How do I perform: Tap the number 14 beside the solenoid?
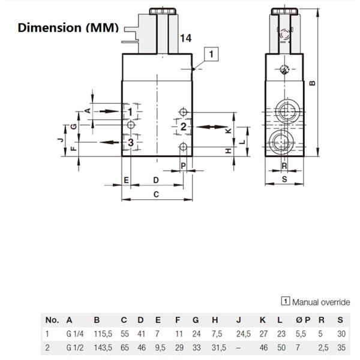tap(185, 38)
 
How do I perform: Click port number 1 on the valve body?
tap(130, 112)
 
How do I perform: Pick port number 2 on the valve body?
tap(184, 127)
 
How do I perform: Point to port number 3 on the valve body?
tap(130, 142)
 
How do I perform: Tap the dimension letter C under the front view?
tap(156, 194)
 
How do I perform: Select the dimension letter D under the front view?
tap(155, 179)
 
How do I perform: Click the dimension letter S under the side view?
tap(284, 179)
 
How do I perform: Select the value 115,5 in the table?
tap(102, 334)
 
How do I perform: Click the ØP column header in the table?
tap(302, 320)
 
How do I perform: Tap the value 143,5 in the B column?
tap(102, 347)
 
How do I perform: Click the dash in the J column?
tap(239, 347)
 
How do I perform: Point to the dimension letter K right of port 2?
tap(227, 130)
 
